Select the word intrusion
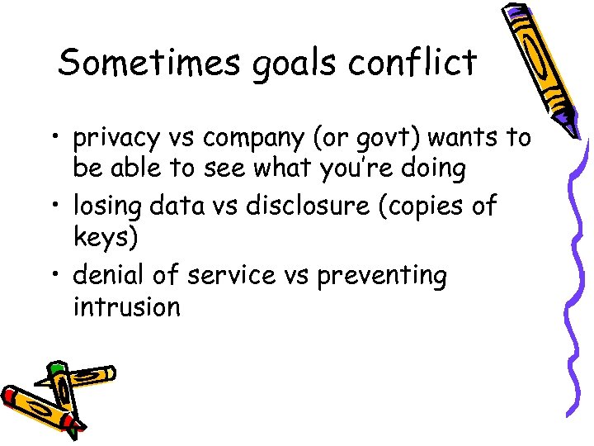point(126,307)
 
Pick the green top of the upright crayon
point(55,368)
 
